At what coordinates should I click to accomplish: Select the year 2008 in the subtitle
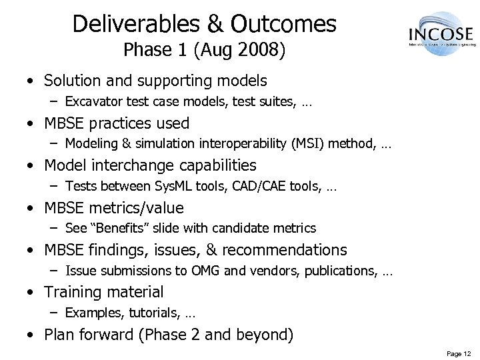[x=257, y=51]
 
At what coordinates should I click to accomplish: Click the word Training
[x=73, y=292]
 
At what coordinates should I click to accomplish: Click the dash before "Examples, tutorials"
[x=55, y=313]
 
